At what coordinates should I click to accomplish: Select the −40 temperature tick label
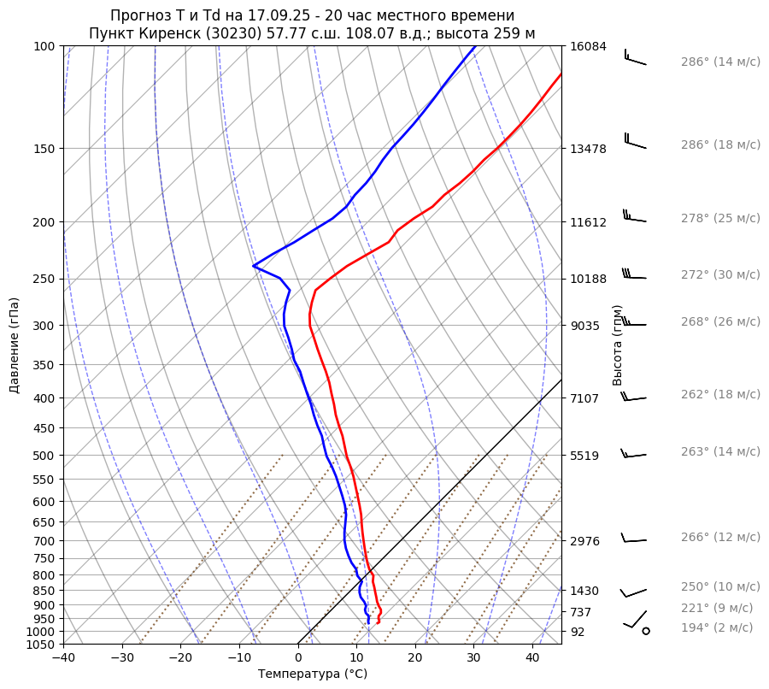click(63, 658)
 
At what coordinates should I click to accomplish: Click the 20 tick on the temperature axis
click(415, 658)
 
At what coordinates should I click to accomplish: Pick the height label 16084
click(588, 46)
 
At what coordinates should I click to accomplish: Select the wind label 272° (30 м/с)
click(720, 274)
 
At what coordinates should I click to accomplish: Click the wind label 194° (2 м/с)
click(717, 627)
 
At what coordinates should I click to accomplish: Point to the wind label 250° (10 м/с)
click(720, 586)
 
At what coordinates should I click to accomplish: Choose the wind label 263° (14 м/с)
click(720, 451)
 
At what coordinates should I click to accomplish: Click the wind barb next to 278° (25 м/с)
click(633, 216)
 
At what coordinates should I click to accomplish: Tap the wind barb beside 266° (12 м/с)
click(633, 539)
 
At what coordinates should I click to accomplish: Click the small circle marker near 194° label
click(646, 631)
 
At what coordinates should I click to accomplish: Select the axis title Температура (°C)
click(313, 674)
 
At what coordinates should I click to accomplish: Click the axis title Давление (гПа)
click(15, 345)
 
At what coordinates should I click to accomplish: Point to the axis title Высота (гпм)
click(618, 345)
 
